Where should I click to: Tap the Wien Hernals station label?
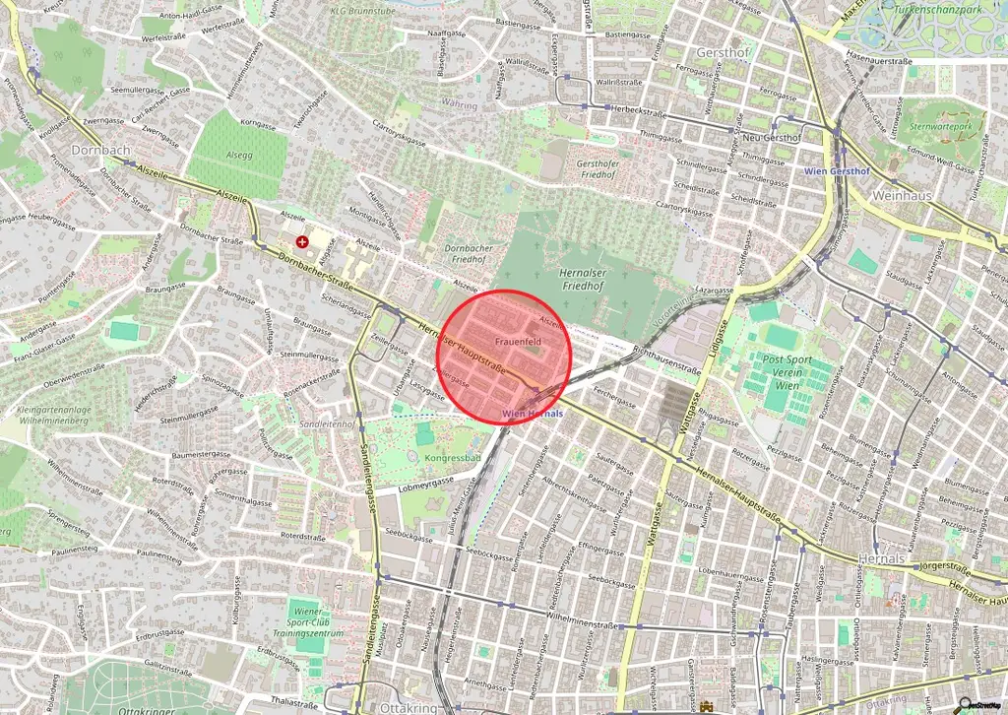click(533, 414)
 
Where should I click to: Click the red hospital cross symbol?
click(302, 240)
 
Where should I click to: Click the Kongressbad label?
click(453, 458)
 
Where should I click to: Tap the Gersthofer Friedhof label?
click(602, 168)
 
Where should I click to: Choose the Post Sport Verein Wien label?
click(787, 374)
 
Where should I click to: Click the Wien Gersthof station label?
click(833, 170)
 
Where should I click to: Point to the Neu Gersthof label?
click(771, 138)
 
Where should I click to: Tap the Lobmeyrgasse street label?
click(425, 483)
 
